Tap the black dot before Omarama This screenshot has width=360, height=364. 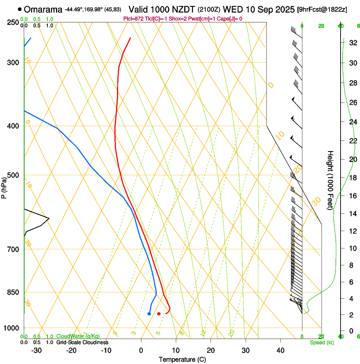click(x=20, y=9)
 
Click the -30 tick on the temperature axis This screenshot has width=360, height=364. click(x=36, y=350)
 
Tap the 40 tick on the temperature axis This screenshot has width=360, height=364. click(x=280, y=350)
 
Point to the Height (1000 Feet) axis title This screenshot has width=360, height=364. click(x=330, y=180)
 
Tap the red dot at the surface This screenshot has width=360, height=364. click(x=159, y=314)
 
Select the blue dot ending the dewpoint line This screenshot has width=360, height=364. click(x=149, y=314)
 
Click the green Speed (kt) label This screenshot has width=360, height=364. click(x=321, y=342)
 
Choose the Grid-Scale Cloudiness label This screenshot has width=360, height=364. click(x=82, y=342)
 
